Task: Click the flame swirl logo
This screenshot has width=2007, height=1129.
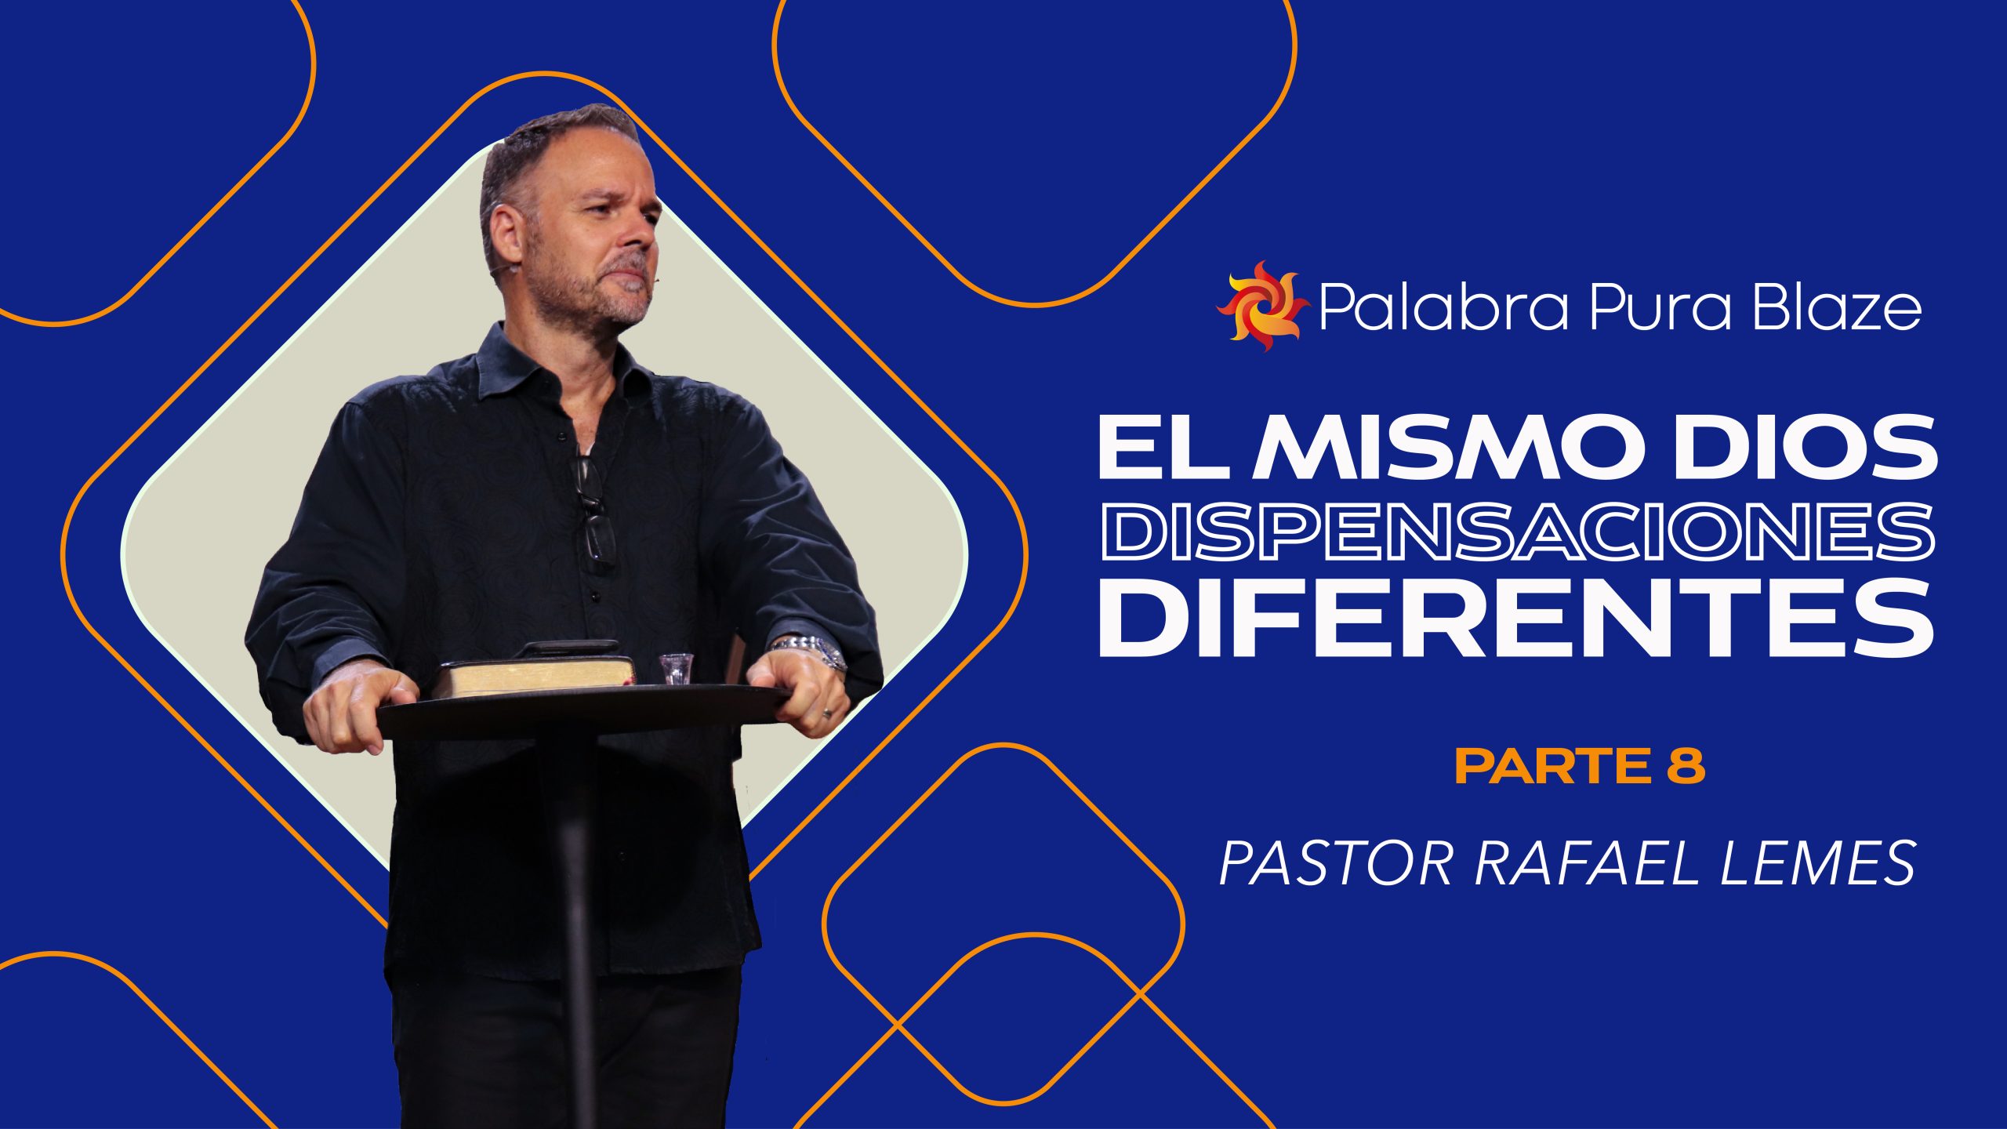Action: (1262, 306)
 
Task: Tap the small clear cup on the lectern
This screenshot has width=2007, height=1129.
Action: (676, 668)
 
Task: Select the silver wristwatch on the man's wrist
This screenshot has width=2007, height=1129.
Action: (811, 650)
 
